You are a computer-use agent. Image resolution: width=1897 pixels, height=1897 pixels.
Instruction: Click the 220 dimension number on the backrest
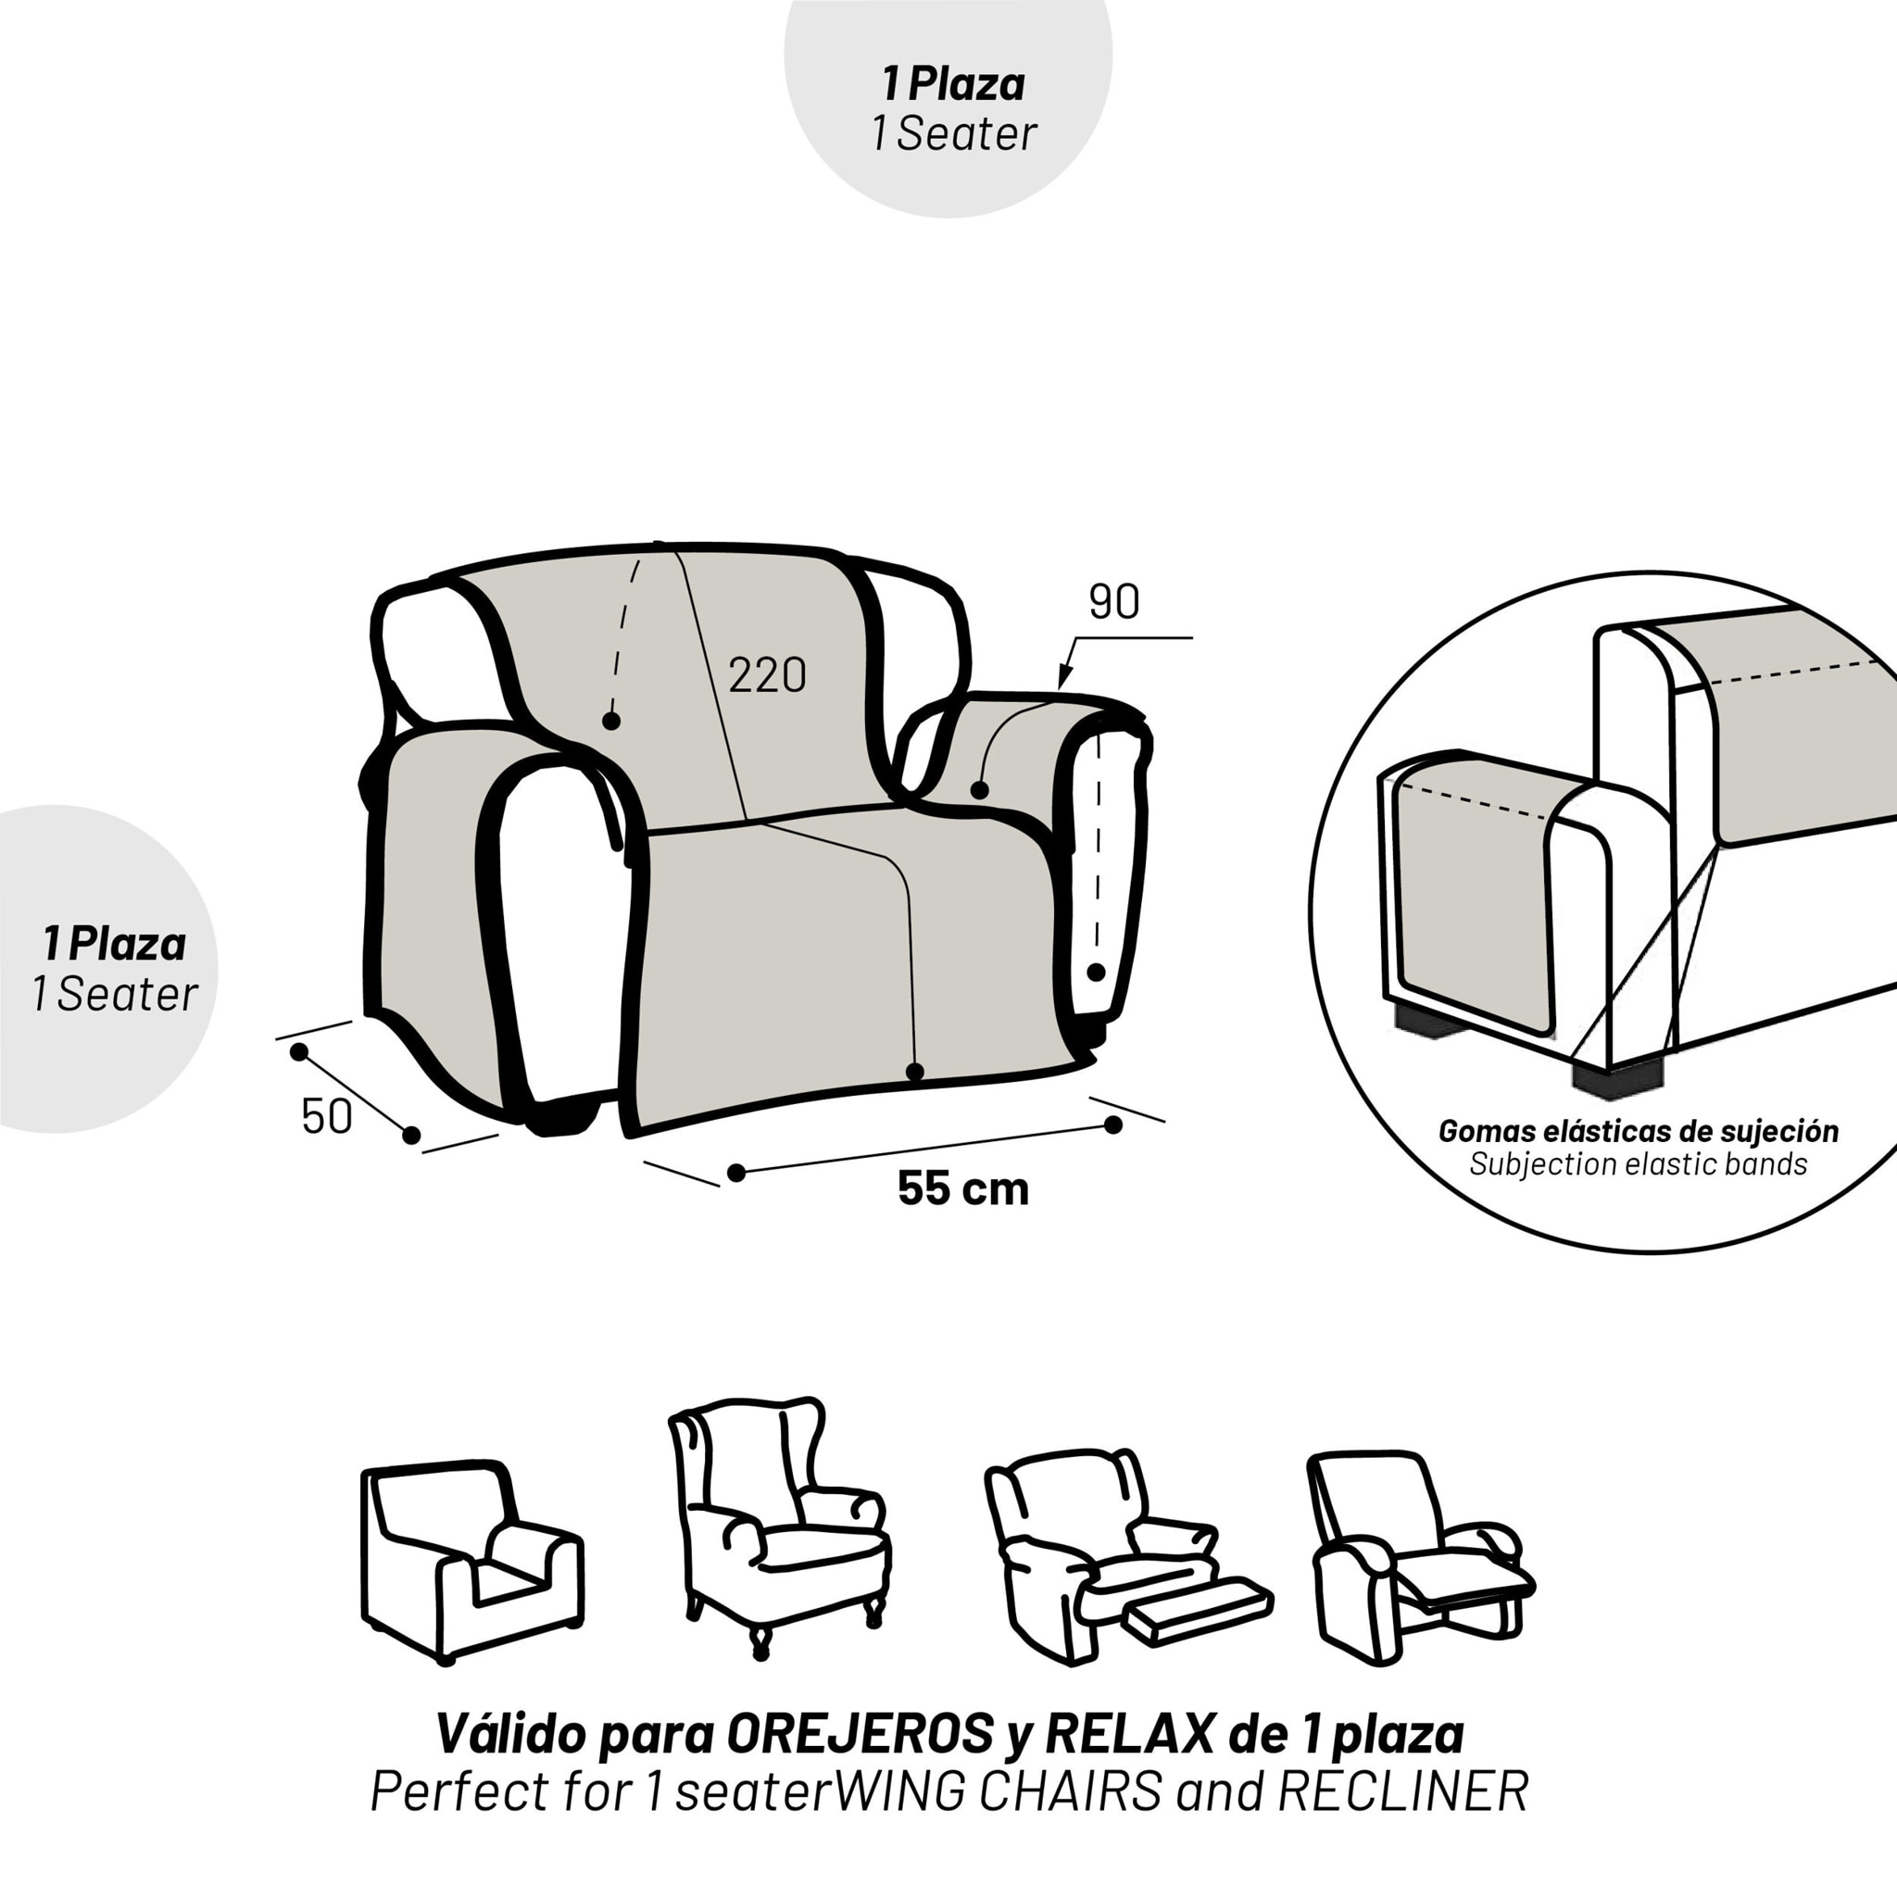tap(767, 675)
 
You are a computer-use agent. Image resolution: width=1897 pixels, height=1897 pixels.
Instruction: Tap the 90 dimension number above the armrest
tap(1114, 603)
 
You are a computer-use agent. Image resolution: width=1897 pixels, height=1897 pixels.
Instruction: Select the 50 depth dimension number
tap(326, 1117)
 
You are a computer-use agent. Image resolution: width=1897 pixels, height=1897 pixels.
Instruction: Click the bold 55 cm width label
tap(963, 1189)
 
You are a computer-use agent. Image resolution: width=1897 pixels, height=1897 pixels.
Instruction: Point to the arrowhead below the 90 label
tap(1063, 678)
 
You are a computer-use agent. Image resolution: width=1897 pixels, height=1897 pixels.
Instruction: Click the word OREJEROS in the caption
tap(861, 1735)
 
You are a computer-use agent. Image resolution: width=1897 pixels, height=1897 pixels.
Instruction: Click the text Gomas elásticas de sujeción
tap(1638, 1131)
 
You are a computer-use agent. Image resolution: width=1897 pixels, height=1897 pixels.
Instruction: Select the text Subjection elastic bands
tap(1638, 1164)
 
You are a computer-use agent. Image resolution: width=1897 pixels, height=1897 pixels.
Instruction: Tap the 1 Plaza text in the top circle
tap(952, 83)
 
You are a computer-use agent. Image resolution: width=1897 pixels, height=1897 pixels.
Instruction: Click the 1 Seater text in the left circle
tap(114, 995)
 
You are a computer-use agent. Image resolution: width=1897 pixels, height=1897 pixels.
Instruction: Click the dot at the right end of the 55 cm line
tap(1112, 1125)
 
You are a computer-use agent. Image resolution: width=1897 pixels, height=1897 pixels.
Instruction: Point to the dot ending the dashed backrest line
tap(610, 721)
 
